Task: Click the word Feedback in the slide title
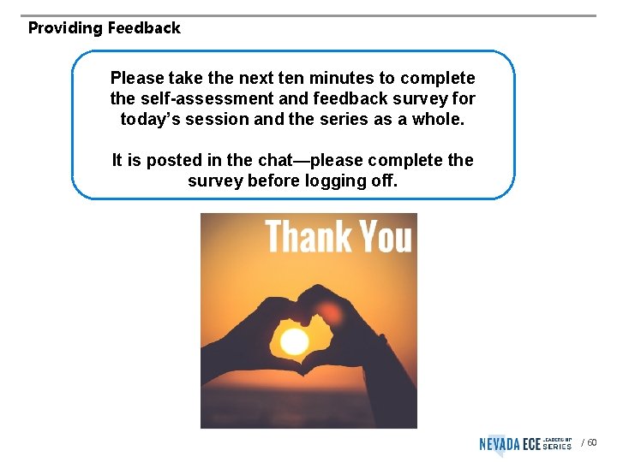point(144,28)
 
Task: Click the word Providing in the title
point(65,28)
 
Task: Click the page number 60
point(592,443)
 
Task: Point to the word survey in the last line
point(214,181)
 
